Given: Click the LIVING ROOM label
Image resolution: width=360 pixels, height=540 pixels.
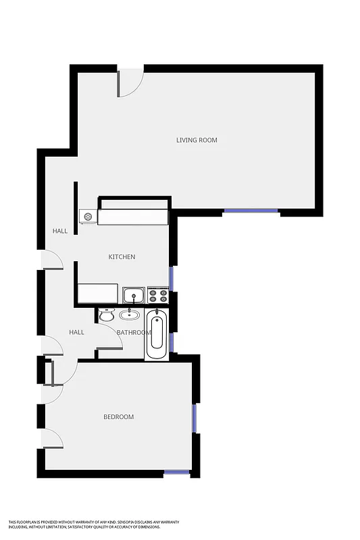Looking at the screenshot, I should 197,140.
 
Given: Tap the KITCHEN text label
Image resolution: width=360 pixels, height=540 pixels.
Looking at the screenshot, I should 122,257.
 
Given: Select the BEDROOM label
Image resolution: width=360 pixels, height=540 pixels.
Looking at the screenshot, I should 118,417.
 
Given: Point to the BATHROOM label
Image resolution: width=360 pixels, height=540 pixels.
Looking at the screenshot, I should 132,333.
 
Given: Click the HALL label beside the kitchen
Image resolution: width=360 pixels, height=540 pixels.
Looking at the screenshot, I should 60,232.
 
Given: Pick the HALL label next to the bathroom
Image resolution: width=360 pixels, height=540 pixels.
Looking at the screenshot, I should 76,332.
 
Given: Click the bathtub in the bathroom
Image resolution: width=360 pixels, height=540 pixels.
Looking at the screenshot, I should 157,333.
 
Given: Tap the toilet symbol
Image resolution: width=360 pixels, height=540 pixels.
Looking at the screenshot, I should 107,315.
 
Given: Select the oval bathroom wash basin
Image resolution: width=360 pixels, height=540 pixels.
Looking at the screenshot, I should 128,314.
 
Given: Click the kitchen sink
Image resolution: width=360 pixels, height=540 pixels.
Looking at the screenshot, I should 134,295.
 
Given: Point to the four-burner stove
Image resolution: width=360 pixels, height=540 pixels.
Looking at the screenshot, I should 157,295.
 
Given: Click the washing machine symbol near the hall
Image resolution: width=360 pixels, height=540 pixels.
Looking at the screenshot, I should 88,216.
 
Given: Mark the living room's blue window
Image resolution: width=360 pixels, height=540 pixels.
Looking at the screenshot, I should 251,211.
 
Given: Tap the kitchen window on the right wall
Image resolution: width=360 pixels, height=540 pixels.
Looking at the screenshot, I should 172,277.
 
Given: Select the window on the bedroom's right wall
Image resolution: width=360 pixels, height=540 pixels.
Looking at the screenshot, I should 195,418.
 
